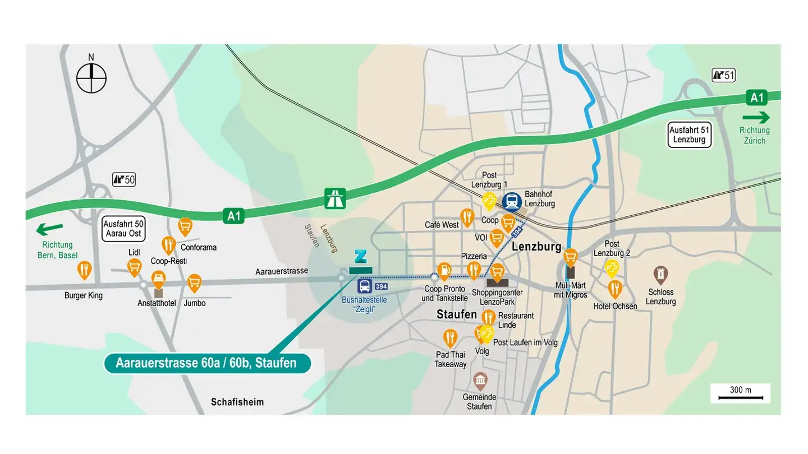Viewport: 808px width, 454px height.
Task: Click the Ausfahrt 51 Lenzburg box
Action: pos(690,135)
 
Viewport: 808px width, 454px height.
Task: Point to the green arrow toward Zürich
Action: pos(756,118)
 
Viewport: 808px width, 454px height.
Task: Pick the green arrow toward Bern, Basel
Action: pos(50,229)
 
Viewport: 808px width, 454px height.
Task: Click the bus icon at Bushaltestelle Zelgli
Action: pos(365,286)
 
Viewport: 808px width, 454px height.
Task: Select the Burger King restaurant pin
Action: pos(84,270)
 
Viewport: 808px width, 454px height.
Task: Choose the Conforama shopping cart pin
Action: pos(185,226)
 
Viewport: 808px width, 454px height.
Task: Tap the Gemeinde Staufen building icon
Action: pos(480,381)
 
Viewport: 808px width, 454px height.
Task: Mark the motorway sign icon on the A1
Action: pos(336,198)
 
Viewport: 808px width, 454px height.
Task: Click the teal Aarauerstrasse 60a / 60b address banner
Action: pos(207,363)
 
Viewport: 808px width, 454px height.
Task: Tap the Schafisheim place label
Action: pos(237,402)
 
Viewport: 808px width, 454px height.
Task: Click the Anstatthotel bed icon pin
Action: pos(159,279)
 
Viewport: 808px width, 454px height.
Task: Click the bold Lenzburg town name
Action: pos(536,246)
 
